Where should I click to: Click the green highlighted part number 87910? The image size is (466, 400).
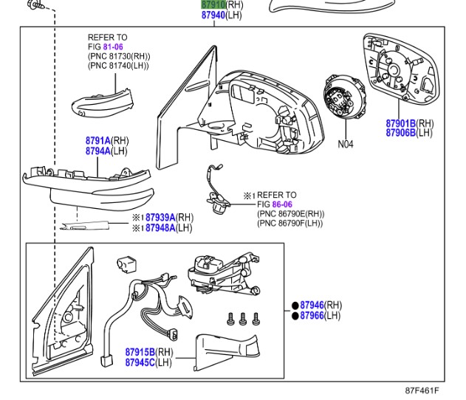tap(213, 4)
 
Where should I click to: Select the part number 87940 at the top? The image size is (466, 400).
tap(213, 15)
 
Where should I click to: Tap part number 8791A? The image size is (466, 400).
tap(97, 140)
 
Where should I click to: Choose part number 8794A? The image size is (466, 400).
tap(97, 151)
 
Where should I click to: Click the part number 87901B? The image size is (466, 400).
tap(401, 123)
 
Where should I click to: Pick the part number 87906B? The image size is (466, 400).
tap(401, 133)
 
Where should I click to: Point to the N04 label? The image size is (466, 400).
tap(346, 145)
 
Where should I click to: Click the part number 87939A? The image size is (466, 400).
tap(160, 218)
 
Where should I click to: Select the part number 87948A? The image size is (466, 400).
tap(160, 228)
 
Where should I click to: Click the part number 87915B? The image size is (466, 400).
tap(140, 352)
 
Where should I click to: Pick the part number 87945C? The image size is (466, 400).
tap(140, 362)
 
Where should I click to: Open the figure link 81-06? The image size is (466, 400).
tap(113, 46)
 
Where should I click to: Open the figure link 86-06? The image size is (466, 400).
tap(281, 204)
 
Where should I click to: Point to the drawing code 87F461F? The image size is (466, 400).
tap(422, 390)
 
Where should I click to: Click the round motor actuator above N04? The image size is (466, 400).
tap(342, 103)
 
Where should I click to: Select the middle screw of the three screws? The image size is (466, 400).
tap(243, 319)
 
